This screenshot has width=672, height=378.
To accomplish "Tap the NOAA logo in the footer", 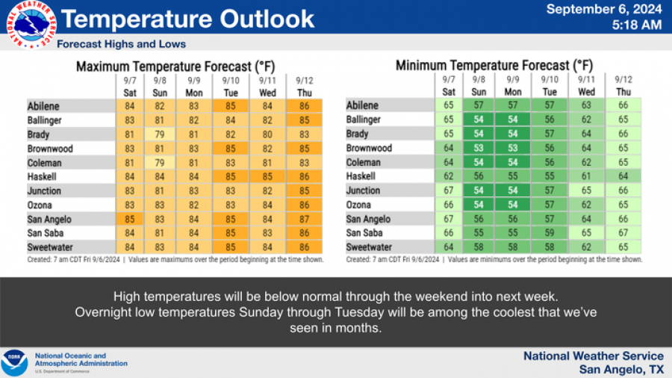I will pos(14,363).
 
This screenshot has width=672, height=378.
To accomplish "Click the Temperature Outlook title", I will pos(187,19).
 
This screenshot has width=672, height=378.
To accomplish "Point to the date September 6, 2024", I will pos(604,10).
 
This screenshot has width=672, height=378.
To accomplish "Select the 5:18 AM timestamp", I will pos(636,25).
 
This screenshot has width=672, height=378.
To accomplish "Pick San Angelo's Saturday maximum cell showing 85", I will pos(130,219).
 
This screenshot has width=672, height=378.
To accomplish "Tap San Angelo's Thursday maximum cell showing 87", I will pos(304,219).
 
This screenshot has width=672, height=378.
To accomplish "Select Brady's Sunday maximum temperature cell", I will pos(160,134).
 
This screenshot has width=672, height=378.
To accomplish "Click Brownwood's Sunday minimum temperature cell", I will pos(479,149).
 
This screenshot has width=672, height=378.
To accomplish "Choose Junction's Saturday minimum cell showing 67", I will pos(448,191).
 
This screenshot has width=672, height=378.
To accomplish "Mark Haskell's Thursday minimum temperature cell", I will pos(623,177).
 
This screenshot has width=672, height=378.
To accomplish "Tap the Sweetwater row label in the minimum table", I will pos(369,247).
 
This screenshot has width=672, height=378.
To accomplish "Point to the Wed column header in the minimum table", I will pos(586,93).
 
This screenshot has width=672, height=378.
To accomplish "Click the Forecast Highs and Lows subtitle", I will pos(121,44).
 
